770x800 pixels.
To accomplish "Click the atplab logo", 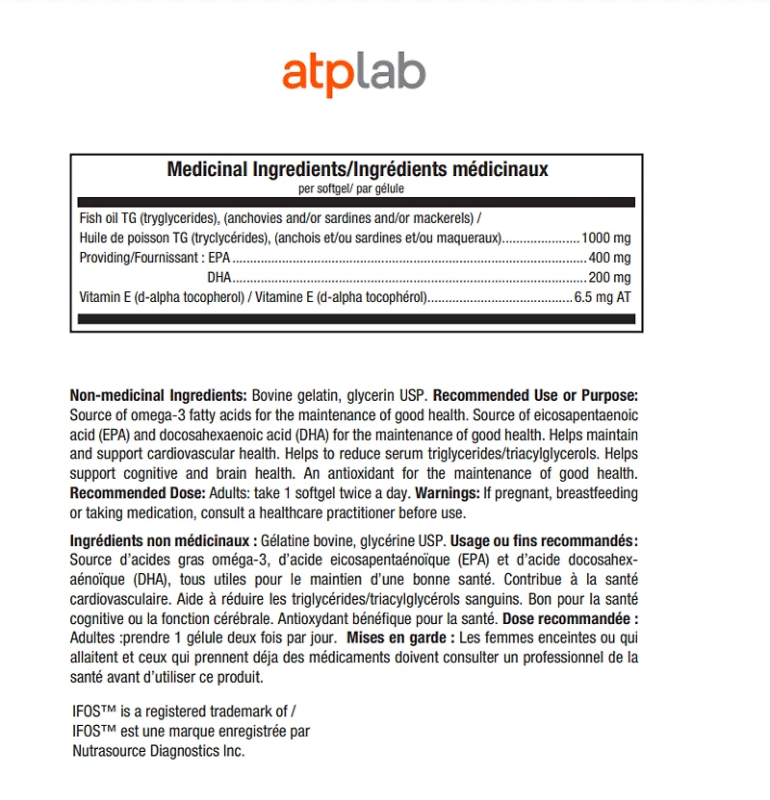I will [354, 74].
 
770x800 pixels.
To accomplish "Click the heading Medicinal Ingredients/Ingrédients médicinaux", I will [357, 169].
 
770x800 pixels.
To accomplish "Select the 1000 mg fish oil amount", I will [607, 237].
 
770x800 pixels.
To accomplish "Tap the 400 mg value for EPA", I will [610, 258].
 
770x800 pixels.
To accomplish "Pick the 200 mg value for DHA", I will [610, 277].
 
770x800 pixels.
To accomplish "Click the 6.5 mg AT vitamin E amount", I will [603, 297].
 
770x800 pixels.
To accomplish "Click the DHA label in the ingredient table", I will [220, 277].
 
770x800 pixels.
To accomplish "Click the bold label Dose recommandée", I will [571, 617].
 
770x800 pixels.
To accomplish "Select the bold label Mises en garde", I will [400, 637].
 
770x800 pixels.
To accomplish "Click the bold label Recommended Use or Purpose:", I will [535, 396].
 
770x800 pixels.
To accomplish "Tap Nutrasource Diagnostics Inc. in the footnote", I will [159, 751].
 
